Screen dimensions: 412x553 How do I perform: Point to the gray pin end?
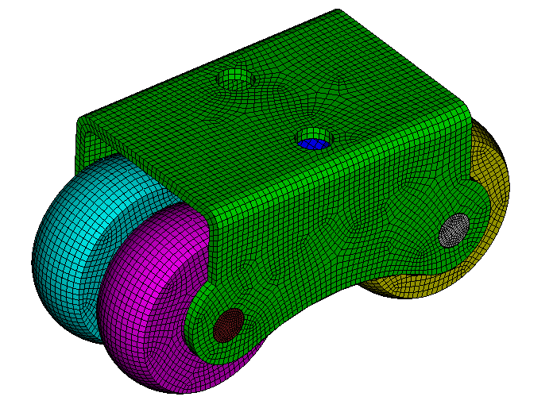click(453, 229)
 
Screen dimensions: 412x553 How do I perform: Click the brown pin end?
click(229, 324)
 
